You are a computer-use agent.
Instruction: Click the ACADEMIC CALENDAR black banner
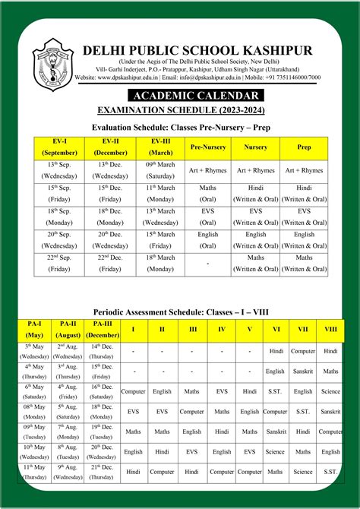click(x=196, y=96)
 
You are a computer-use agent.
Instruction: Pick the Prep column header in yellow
click(x=304, y=147)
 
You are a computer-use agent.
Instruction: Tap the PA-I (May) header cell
click(x=34, y=330)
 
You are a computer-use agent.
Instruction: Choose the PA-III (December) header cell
click(x=102, y=330)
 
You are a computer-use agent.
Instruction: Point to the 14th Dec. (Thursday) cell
click(x=102, y=351)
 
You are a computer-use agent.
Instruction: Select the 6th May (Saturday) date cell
click(x=34, y=391)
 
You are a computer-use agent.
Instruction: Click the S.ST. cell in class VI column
click(x=276, y=391)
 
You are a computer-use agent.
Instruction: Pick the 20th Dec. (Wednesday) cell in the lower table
click(x=102, y=452)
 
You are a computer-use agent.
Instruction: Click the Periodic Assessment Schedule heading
click(x=180, y=312)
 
